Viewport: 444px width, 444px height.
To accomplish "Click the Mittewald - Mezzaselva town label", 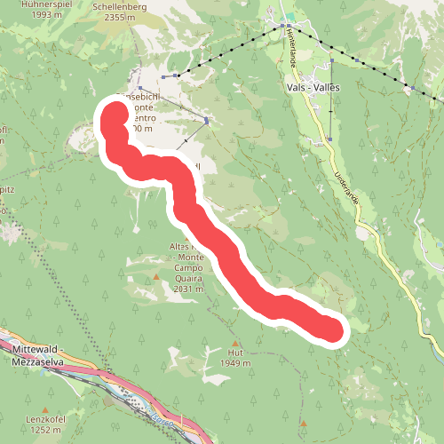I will (x=41, y=354).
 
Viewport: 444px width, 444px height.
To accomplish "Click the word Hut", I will (x=211, y=353).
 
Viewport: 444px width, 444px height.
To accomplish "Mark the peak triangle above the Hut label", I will (x=234, y=343).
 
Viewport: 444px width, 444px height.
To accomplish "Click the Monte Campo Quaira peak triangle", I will (x=156, y=277).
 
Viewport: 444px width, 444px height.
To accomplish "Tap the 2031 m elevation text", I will (x=189, y=288).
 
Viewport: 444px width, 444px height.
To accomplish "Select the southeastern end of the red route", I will (x=329, y=329).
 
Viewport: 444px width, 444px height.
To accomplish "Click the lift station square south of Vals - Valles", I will (x=331, y=139).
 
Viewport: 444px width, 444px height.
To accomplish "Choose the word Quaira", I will (x=189, y=277).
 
